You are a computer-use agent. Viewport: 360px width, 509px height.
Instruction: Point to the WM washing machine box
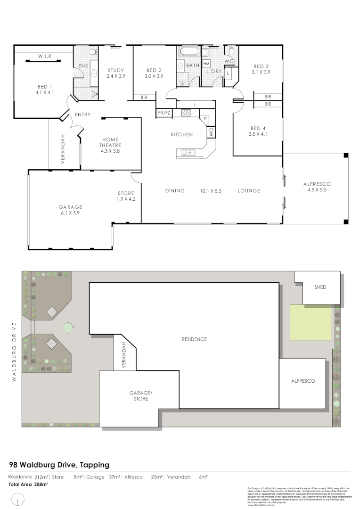coord(206,63)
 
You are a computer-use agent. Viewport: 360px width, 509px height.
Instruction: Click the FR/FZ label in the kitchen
coord(164,113)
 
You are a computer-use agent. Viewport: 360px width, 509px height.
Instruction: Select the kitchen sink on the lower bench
coord(187,152)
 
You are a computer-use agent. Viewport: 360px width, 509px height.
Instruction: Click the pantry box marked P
coord(205,119)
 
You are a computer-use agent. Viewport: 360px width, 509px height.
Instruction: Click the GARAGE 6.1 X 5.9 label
coord(70,210)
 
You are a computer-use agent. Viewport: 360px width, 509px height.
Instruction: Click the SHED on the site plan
coord(320,287)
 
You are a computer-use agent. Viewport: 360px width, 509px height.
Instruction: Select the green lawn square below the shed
coord(310,322)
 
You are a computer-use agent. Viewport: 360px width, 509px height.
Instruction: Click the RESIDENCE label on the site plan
coord(195,339)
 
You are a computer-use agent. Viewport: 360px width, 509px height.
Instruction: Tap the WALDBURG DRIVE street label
coord(15,345)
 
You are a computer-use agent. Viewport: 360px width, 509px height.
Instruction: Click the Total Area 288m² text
coord(28,484)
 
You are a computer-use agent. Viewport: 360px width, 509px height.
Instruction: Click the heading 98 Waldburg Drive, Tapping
coord(59,465)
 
